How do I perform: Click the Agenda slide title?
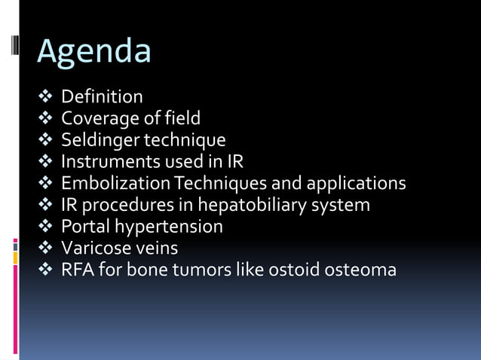[93, 51]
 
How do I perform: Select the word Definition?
[102, 96]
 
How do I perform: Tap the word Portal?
[83, 226]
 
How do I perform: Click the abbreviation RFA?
[76, 270]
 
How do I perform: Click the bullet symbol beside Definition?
[47, 97]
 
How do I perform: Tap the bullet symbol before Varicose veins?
[47, 248]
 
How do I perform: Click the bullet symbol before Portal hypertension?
[47, 227]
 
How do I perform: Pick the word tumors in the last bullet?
[201, 270]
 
